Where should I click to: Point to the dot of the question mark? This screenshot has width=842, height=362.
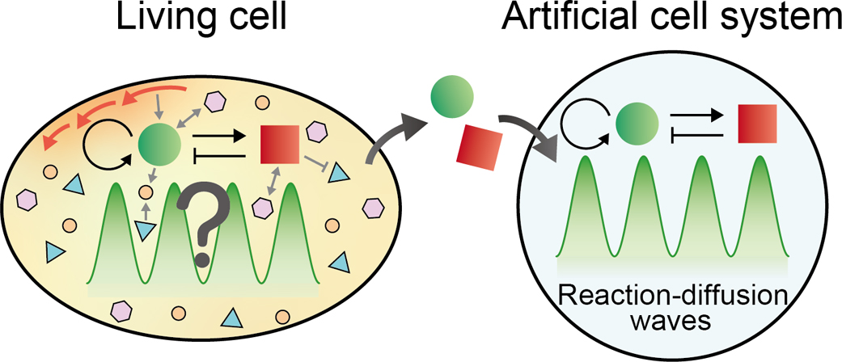(x=201, y=259)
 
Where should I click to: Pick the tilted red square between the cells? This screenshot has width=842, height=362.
(x=476, y=149)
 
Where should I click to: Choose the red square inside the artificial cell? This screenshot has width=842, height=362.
(x=757, y=124)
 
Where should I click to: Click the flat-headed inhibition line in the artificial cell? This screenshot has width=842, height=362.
(x=700, y=133)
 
